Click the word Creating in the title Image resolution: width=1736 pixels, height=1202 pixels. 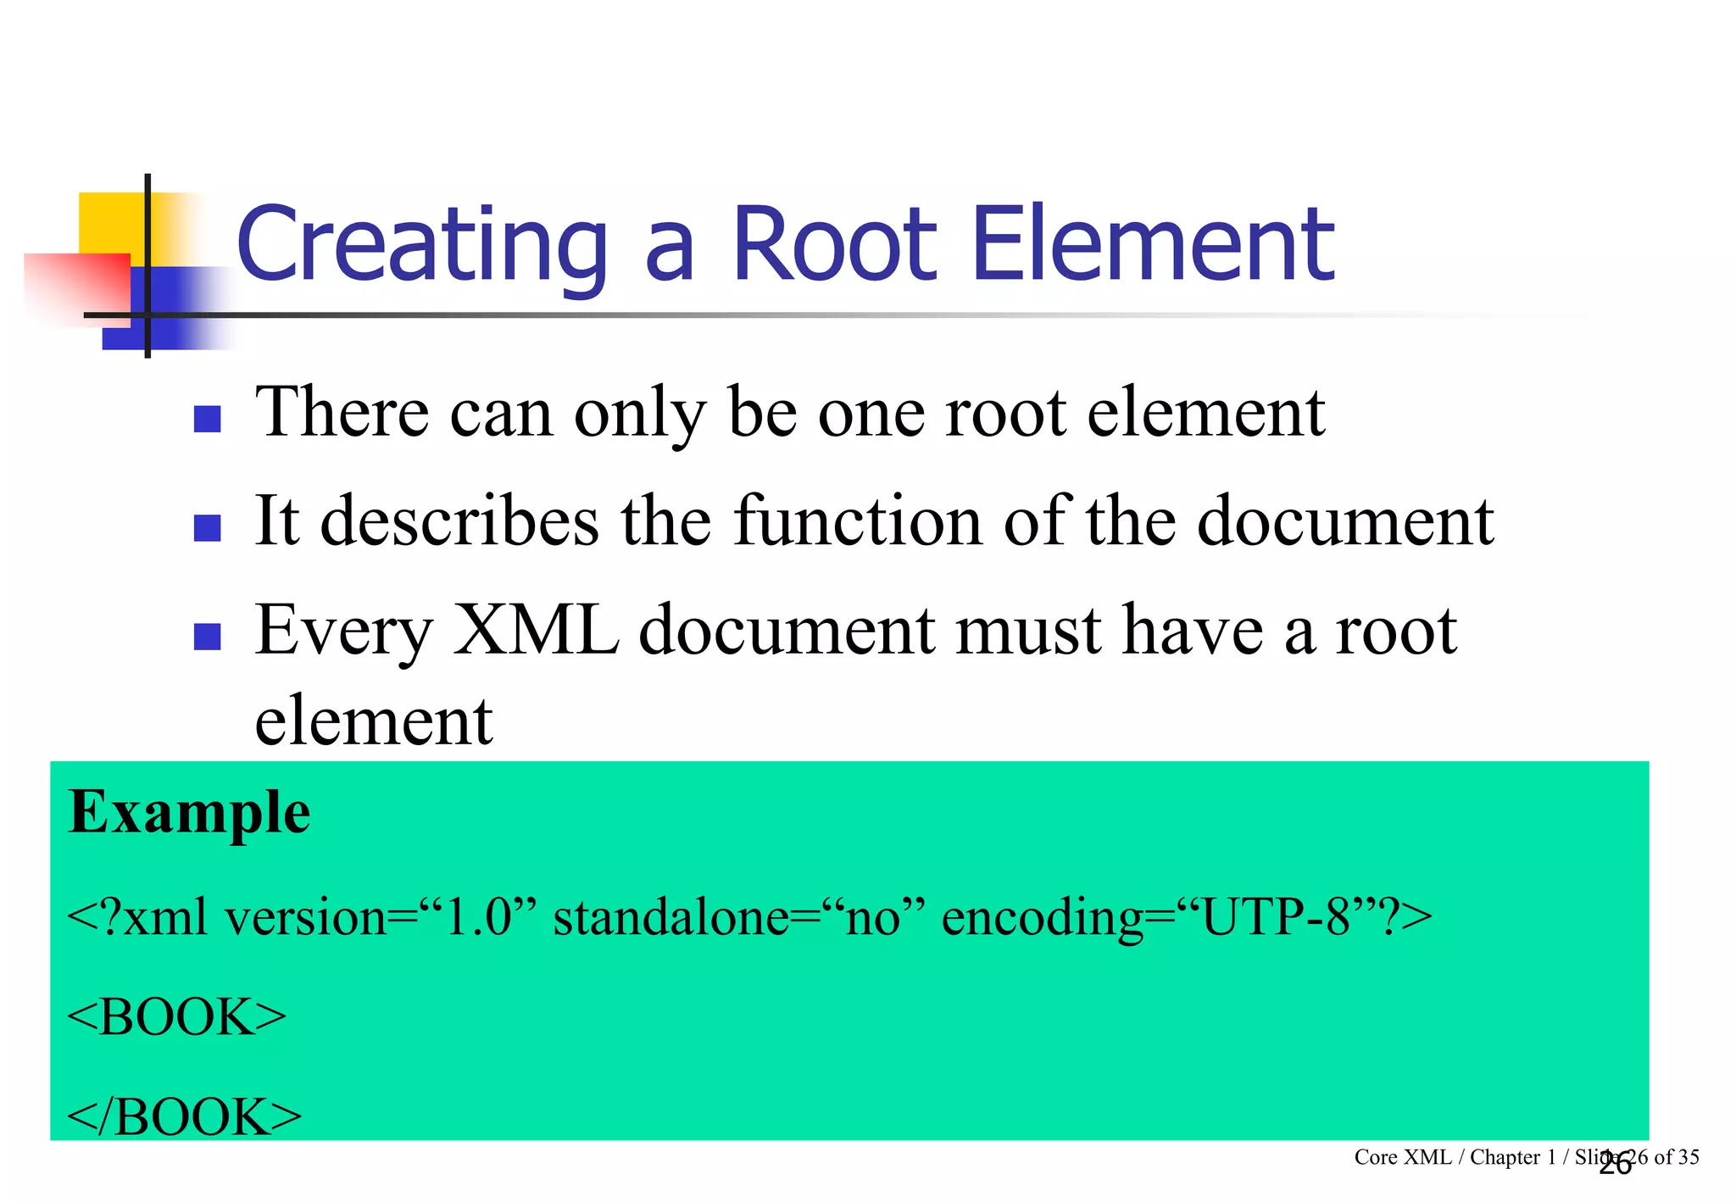(x=421, y=245)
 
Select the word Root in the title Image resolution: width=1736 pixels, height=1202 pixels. (x=834, y=245)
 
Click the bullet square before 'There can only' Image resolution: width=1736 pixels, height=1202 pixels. (x=207, y=419)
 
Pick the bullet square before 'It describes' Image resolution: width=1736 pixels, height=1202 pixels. (x=207, y=527)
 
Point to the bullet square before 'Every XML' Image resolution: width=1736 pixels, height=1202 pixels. (x=207, y=636)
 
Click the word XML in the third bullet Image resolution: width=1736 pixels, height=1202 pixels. (x=536, y=631)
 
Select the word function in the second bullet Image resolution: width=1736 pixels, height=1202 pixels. (x=857, y=520)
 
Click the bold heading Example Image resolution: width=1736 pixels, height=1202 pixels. (x=189, y=813)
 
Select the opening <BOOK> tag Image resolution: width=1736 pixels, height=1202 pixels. (x=176, y=1016)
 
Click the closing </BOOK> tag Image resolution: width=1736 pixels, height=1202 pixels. (x=184, y=1116)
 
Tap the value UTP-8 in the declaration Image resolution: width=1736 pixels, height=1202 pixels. (x=1276, y=917)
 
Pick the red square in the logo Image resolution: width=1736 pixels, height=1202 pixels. (x=76, y=287)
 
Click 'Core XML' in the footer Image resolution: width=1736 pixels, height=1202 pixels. (x=1402, y=1157)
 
